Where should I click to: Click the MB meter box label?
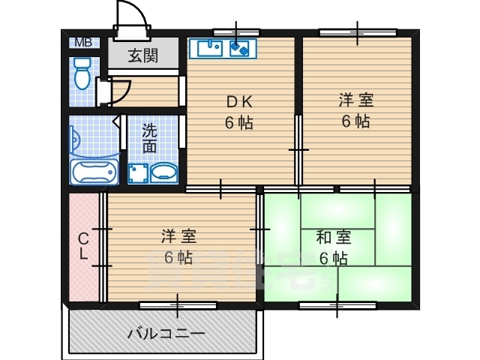(x=82, y=42)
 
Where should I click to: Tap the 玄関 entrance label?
(x=142, y=55)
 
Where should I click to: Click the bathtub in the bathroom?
(x=94, y=172)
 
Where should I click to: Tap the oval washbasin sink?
(x=164, y=173)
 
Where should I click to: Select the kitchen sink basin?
(x=209, y=49)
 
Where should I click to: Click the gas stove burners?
(x=241, y=49)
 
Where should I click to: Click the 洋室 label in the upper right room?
(x=355, y=100)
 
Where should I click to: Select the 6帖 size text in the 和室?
(x=333, y=259)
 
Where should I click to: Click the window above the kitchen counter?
(x=236, y=32)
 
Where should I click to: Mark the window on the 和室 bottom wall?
(x=337, y=305)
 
